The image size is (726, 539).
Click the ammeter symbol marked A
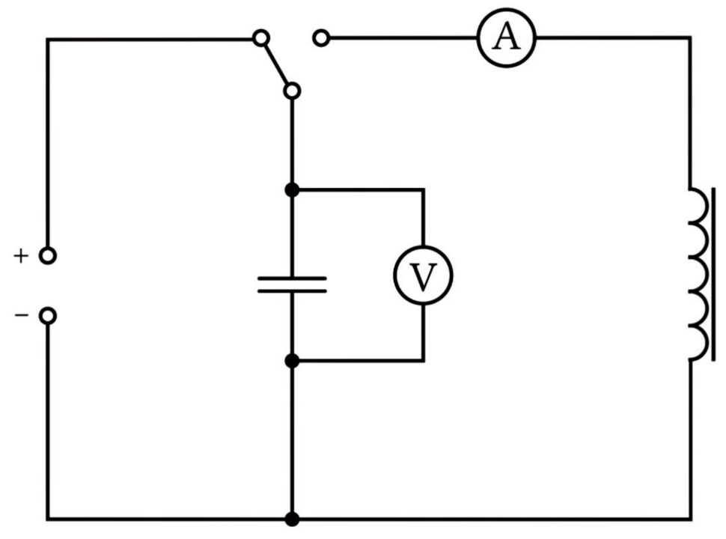pyautogui.click(x=507, y=37)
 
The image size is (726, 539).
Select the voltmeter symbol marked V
pyautogui.click(x=423, y=275)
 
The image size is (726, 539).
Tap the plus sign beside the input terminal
pyautogui.click(x=21, y=255)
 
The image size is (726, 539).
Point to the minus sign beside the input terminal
pyautogui.click(x=21, y=316)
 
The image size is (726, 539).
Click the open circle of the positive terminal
pyautogui.click(x=48, y=255)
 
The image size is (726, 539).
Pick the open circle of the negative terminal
pyautogui.click(x=48, y=316)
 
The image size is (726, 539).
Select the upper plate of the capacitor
pyautogui.click(x=292, y=278)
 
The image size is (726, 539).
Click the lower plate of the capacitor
pyautogui.click(x=292, y=290)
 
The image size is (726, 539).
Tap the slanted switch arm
pyautogui.click(x=276, y=64)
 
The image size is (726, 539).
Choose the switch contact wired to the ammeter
pyautogui.click(x=321, y=37)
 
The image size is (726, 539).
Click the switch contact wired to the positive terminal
pyautogui.click(x=261, y=37)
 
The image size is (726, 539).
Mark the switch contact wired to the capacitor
pyautogui.click(x=292, y=91)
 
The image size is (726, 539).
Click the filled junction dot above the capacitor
pyautogui.click(x=292, y=190)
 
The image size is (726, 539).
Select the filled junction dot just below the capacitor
pyautogui.click(x=292, y=360)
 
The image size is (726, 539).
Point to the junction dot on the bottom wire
pyautogui.click(x=292, y=519)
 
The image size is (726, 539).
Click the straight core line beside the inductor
pyautogui.click(x=713, y=274)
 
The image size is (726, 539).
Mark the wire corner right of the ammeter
pyautogui.click(x=690, y=37)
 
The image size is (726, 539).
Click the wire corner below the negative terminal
pyautogui.click(x=48, y=519)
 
